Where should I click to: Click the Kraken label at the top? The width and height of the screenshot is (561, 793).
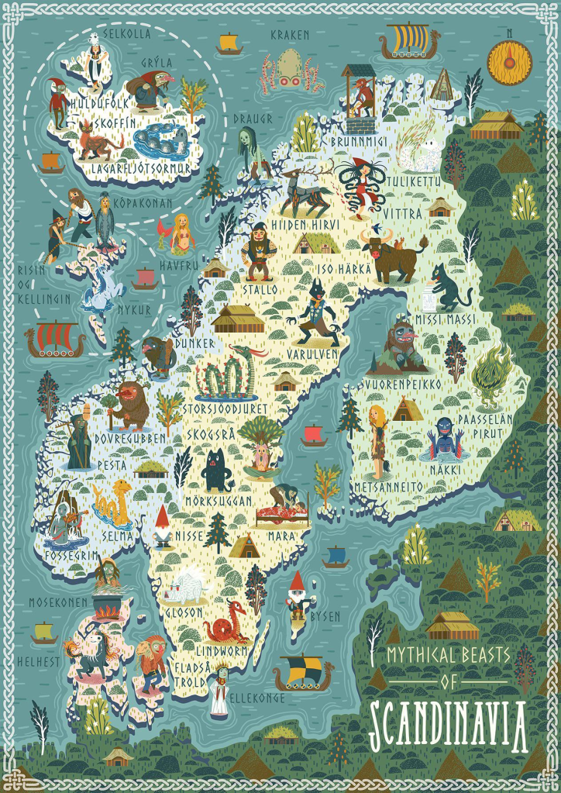[290, 35]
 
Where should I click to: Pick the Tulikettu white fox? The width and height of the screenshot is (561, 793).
[419, 154]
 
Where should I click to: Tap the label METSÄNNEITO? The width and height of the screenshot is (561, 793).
[388, 486]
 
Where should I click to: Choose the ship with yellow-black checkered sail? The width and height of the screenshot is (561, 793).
[305, 671]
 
